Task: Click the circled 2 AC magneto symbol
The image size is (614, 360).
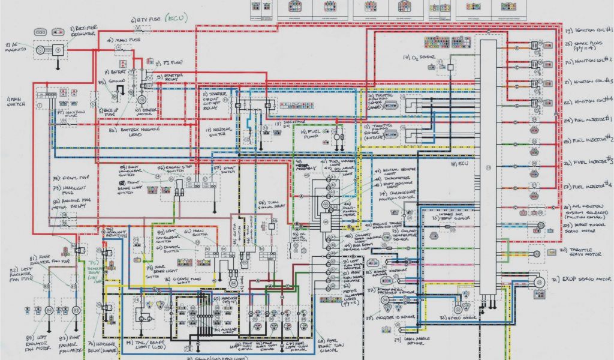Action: [40, 50]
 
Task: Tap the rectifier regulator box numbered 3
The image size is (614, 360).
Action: [58, 50]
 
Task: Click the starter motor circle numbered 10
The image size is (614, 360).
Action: [142, 100]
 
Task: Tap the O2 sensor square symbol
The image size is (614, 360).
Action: [450, 68]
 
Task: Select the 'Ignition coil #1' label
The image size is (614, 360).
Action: [590, 30]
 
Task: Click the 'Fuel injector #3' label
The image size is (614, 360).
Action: [590, 163]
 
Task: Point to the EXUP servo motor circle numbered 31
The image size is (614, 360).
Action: [539, 281]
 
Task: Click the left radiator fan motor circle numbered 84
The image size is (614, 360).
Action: [50, 310]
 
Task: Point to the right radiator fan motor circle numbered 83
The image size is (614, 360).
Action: [76, 310]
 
